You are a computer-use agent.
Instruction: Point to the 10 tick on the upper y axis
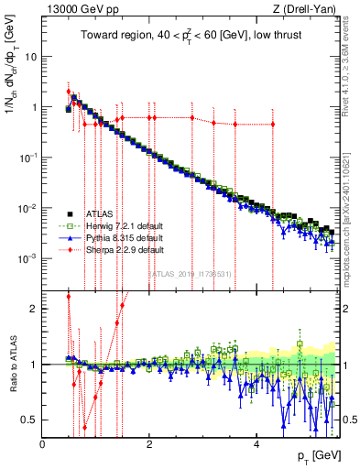[30, 56]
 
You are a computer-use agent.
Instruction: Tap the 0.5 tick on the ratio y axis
[30, 420]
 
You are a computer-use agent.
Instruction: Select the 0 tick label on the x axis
[42, 444]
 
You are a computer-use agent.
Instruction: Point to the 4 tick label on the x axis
[256, 444]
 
